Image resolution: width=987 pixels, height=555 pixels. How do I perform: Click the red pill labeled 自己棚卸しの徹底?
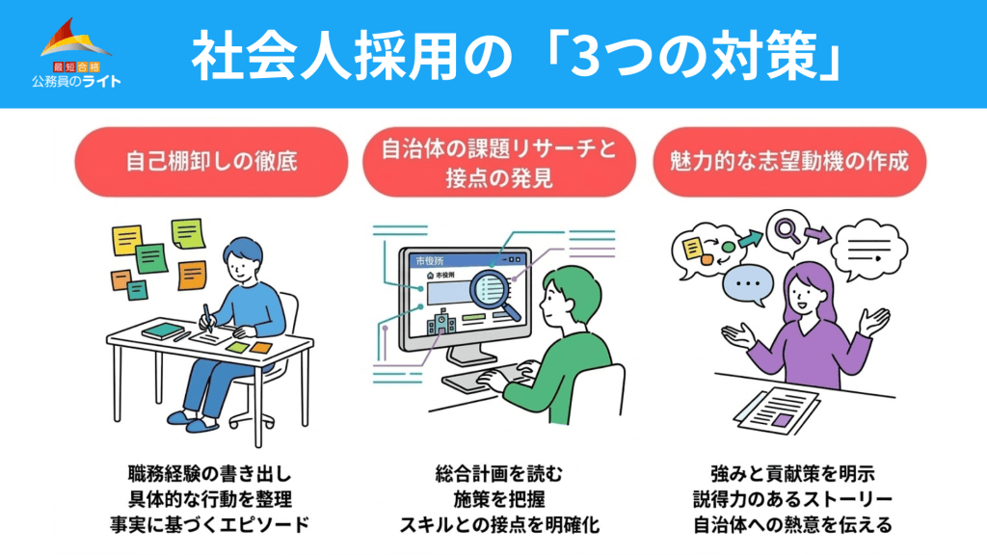(x=211, y=162)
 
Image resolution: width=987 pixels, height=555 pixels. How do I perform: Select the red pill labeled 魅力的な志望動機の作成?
(x=789, y=162)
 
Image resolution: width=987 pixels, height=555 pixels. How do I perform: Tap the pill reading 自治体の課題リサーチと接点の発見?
(x=499, y=162)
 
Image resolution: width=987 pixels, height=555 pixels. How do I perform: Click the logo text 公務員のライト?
(x=76, y=81)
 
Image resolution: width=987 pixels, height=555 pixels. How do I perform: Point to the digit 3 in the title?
(x=588, y=56)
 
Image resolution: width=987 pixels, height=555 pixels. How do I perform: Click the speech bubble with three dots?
(x=748, y=284)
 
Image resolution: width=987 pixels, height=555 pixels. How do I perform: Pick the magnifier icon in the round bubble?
(x=787, y=230)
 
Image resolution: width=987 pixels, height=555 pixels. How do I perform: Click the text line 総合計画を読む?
(x=499, y=474)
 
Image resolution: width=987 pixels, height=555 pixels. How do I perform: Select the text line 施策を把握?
(x=499, y=499)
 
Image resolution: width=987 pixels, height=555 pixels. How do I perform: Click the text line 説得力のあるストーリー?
(x=792, y=499)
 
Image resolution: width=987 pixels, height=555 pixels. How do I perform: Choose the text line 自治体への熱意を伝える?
(x=792, y=525)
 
